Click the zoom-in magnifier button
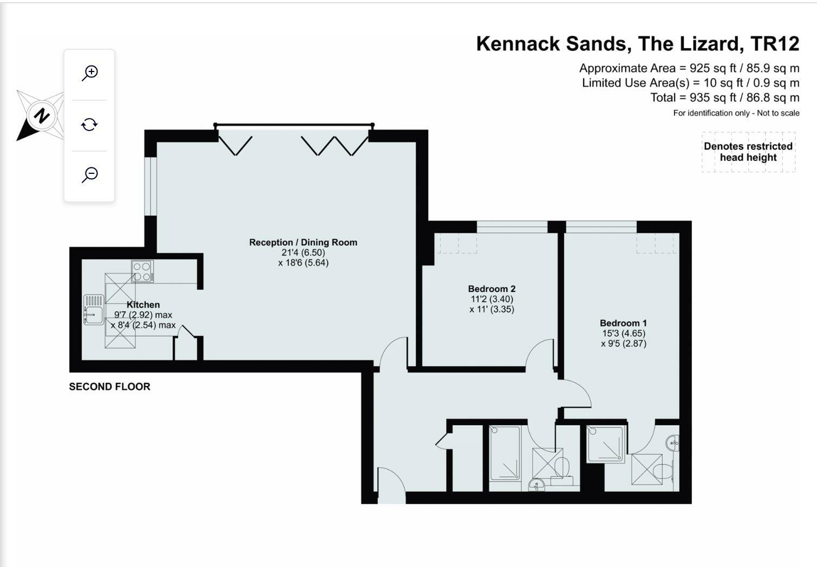point(90,73)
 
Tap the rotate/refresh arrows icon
point(89,125)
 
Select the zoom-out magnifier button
point(90,174)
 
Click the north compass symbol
point(40,115)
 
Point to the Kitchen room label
point(143,305)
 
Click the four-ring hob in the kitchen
point(142,271)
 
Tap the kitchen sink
point(94,310)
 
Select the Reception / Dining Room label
point(303,242)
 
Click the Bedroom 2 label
point(492,289)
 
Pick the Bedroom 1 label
point(623,323)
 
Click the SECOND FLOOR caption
point(109,387)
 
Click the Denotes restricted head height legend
point(748,152)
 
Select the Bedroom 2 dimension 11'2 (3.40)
point(492,299)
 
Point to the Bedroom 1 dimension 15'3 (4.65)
point(624,333)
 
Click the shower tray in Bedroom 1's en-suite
point(606,444)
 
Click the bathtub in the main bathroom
point(505,453)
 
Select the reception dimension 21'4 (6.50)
point(303,252)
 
